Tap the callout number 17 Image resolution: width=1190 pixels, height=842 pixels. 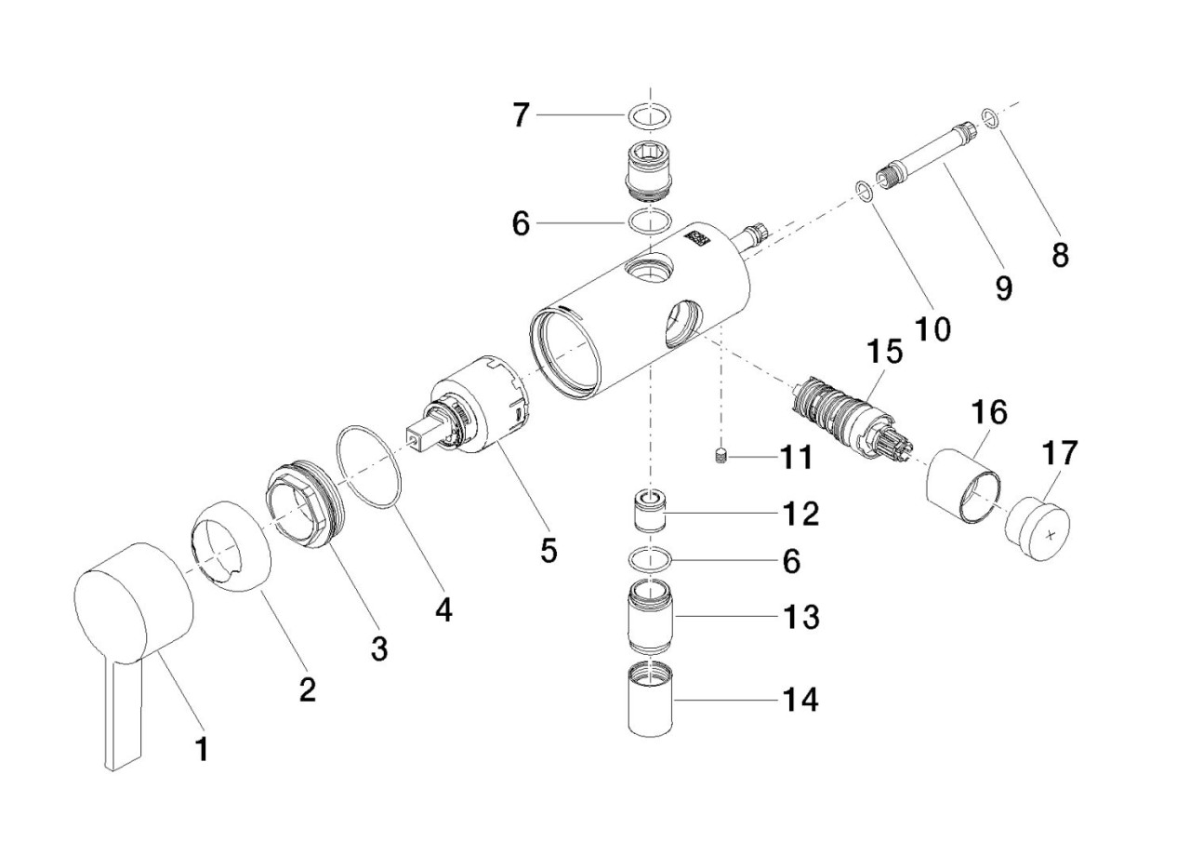pyautogui.click(x=1061, y=454)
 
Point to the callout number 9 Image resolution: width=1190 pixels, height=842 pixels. pyautogui.click(x=1003, y=288)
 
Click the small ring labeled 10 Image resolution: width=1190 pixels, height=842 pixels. pyautogui.click(x=864, y=192)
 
